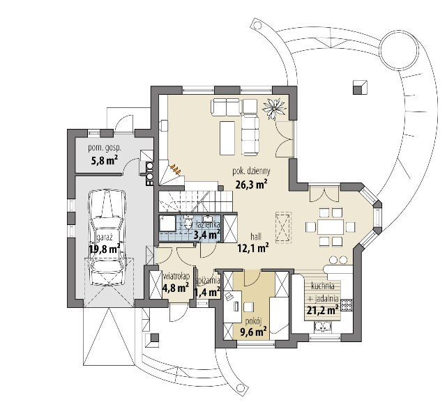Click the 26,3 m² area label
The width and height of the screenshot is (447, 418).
(251, 185)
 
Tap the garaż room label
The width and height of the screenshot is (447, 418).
(105, 238)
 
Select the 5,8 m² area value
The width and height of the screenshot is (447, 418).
(105, 161)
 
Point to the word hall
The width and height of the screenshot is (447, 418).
(256, 236)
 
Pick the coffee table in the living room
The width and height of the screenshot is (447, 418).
(227, 138)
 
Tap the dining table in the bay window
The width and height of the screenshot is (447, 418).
(331, 226)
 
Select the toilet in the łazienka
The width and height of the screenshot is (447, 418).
(188, 222)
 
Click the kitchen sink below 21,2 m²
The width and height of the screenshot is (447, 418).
(323, 327)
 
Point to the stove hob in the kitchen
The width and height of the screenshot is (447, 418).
(347, 305)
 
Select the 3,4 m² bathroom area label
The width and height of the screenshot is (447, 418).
(206, 235)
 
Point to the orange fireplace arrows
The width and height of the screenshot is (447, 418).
(176, 169)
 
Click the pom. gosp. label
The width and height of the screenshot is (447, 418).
(105, 148)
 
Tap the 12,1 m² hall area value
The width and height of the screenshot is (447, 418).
(253, 248)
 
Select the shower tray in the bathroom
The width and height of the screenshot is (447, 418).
(167, 223)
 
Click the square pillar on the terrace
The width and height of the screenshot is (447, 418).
(360, 87)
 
